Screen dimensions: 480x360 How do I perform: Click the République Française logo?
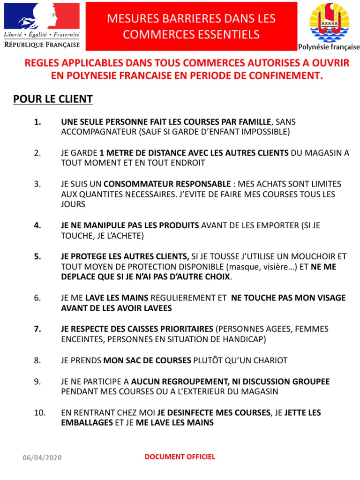point(42,25)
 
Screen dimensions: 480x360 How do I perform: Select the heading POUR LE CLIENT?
point(53,99)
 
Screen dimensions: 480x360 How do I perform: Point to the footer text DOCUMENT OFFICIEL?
point(180,457)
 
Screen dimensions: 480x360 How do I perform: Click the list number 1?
point(38,122)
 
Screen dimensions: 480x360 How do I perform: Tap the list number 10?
point(40,412)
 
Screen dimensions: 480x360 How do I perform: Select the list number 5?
point(38,256)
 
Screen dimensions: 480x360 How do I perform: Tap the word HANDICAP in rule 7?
point(248,339)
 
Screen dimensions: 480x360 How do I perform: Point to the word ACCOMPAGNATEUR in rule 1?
point(98,132)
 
